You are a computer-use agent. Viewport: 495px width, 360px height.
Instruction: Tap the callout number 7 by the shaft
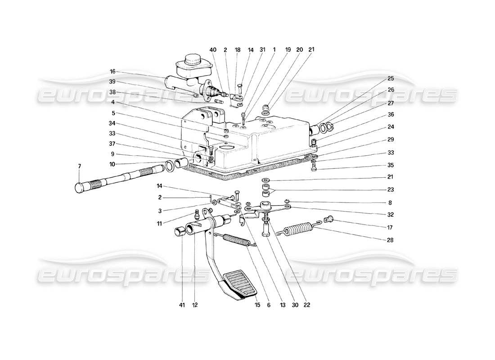coord(80,166)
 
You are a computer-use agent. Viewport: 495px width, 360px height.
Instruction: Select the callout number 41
coord(181,305)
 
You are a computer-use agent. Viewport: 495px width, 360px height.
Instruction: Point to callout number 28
coord(390,240)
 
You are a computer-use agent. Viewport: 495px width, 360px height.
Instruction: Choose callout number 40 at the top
coord(213,50)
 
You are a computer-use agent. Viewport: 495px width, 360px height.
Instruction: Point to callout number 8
coord(390,202)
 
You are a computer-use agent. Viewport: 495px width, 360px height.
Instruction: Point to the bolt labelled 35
coord(314,169)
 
